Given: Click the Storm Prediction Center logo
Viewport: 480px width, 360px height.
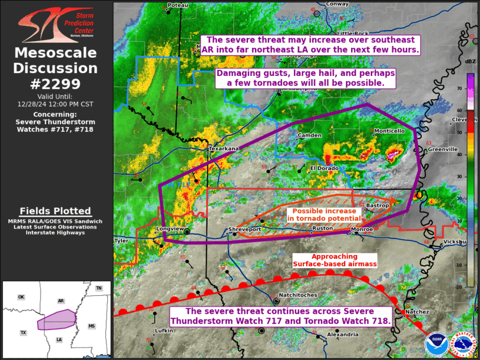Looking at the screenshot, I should point(55,24).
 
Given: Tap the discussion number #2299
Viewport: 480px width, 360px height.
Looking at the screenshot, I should point(56,83).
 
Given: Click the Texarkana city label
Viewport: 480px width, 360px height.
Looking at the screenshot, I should point(224,149).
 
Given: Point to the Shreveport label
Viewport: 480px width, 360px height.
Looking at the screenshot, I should point(245,229).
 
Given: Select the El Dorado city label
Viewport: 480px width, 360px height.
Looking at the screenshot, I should point(322,168).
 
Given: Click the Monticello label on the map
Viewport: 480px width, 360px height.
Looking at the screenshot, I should point(389,130).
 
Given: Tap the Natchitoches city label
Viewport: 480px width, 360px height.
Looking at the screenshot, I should point(297,295).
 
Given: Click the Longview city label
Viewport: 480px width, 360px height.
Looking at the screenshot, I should point(170,229).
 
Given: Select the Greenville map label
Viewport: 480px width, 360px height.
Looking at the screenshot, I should point(442,150).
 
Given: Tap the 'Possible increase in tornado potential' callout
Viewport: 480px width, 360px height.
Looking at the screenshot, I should point(324,214).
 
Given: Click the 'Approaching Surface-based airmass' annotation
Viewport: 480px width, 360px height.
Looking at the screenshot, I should point(335,260).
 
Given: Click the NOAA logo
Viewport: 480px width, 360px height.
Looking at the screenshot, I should point(435,344).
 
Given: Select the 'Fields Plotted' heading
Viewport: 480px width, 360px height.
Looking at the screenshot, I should point(55,211).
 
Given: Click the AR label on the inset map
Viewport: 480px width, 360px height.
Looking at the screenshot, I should point(61,300).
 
